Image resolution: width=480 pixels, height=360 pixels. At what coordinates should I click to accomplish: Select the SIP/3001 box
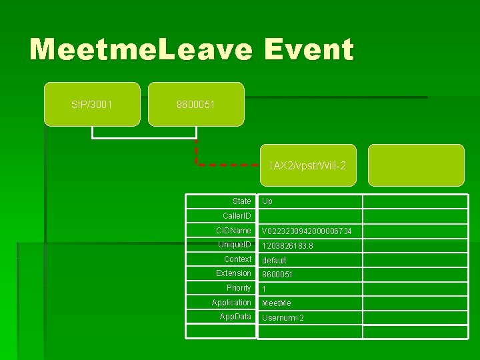click(92, 104)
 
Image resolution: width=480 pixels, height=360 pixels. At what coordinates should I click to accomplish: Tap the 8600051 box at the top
click(196, 104)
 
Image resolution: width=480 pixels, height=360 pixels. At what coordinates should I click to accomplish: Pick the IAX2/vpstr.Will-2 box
click(307, 165)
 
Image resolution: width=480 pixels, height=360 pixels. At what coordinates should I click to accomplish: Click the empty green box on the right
click(416, 165)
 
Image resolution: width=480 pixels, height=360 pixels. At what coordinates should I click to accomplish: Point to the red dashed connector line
click(227, 163)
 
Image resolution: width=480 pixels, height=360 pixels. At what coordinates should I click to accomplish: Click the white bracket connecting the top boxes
click(143, 137)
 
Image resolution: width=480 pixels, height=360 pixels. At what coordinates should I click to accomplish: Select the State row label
click(241, 201)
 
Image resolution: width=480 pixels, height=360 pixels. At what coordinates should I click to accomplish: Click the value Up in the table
click(267, 201)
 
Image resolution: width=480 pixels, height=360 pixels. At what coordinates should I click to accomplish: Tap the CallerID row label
click(237, 216)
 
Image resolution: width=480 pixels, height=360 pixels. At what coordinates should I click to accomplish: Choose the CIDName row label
click(233, 231)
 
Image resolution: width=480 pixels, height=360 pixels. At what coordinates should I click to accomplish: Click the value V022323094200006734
click(307, 231)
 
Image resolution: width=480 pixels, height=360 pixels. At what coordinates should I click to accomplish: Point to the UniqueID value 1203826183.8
click(287, 246)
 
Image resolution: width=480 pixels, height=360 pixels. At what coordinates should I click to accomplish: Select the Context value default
click(274, 261)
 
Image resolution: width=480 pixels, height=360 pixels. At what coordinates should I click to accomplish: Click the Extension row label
click(233, 273)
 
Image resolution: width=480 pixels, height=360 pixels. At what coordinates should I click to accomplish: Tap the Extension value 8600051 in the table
click(277, 275)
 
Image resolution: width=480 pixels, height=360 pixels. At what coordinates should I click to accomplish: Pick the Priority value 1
click(264, 289)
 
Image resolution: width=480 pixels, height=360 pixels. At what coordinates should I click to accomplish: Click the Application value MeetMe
click(277, 303)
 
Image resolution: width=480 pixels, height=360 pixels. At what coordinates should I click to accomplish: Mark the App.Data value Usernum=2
click(283, 318)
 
